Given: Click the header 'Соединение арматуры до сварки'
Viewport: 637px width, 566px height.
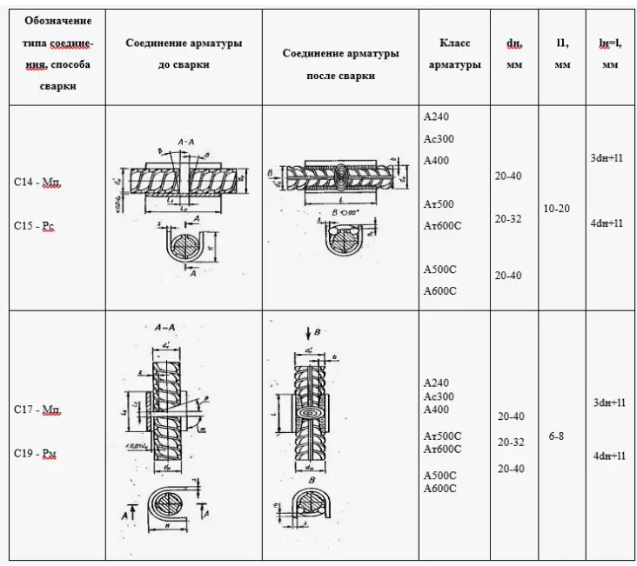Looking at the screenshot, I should tap(184, 52).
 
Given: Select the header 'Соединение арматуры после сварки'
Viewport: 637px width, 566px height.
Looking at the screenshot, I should tap(341, 63).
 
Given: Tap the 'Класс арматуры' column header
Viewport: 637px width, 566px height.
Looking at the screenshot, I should tap(454, 53).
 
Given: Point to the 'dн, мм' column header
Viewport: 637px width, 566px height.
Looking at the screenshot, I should tap(513, 52).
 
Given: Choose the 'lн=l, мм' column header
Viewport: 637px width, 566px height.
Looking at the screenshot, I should tap(609, 52).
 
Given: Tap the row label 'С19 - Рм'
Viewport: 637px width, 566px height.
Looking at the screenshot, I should tap(37, 453).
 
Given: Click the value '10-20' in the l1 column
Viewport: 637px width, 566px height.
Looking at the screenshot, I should tap(557, 210).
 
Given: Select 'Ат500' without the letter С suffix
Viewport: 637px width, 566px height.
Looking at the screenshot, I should tap(438, 204).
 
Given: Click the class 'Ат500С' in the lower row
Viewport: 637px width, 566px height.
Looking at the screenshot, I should tap(441, 435).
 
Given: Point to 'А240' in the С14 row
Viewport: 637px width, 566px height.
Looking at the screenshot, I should tap(436, 117).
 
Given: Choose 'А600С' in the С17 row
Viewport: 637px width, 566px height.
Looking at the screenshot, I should tap(439, 489).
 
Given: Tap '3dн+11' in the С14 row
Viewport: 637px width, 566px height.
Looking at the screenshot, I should tap(607, 158).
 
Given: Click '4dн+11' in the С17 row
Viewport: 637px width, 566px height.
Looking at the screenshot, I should tap(607, 456).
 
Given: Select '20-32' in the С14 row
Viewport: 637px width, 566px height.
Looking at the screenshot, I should tap(508, 219).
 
